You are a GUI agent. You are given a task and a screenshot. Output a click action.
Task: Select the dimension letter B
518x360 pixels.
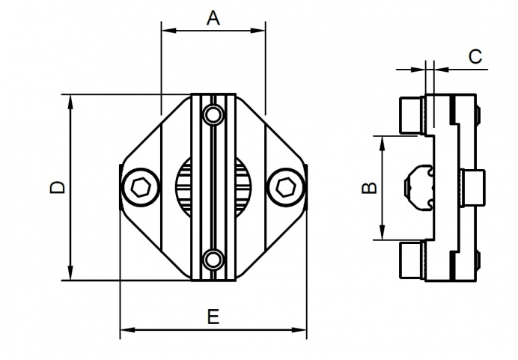coord(368,187)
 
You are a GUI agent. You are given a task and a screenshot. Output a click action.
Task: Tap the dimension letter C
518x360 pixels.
coord(474,56)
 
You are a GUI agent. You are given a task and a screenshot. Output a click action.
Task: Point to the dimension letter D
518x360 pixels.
coord(57,188)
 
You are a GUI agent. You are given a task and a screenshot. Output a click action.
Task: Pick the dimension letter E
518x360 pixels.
coord(213,317)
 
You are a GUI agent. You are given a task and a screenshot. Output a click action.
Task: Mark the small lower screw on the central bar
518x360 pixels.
coord(213,259)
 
